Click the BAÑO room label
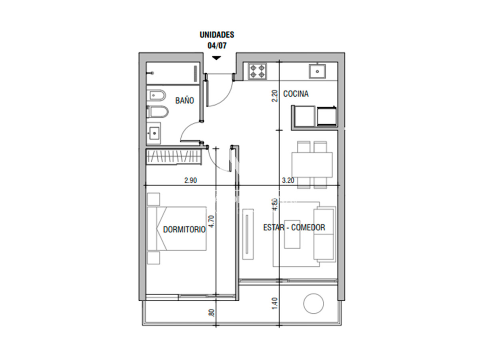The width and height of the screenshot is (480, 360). tap(184, 100)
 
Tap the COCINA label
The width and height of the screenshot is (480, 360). tap(296, 94)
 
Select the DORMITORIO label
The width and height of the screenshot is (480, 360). tap(184, 230)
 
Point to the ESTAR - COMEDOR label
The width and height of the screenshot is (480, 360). tap(294, 228)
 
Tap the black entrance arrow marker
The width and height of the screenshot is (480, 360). tap(216, 58)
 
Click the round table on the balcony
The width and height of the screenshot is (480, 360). tap(313, 304)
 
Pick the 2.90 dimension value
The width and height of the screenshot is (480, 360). tap(191, 180)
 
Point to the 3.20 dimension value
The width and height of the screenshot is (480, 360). tap(288, 180)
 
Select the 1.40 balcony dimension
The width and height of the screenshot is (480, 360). tap(274, 303)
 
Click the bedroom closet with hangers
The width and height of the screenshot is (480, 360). tap(173, 157)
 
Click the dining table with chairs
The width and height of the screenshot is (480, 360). tap(312, 165)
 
